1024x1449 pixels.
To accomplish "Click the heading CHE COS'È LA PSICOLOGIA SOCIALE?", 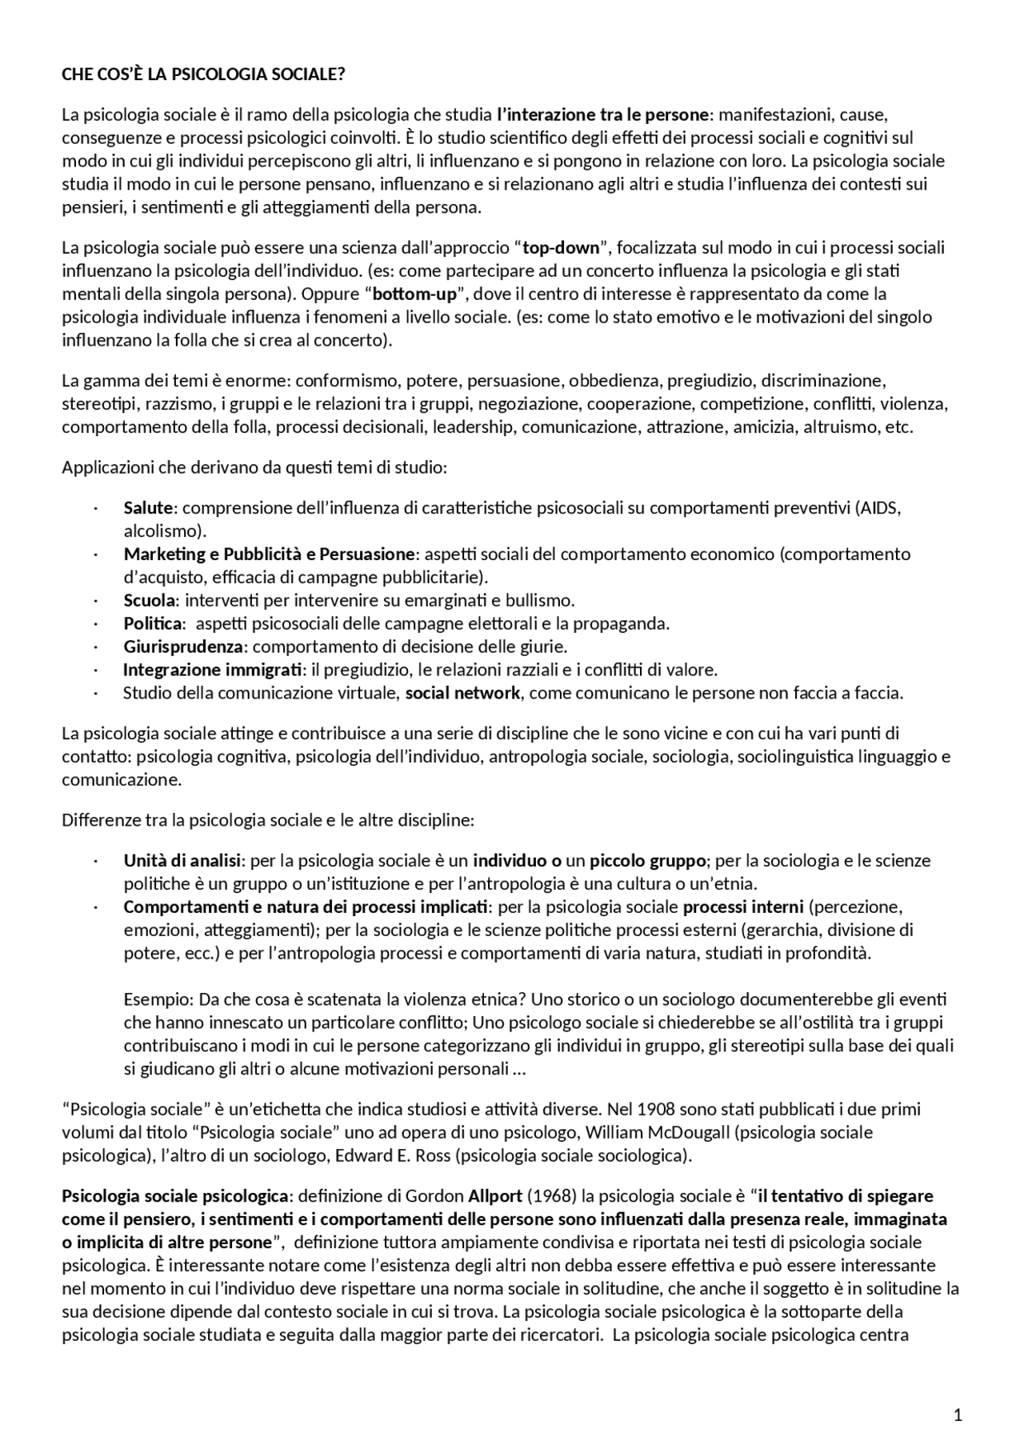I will point(203,74).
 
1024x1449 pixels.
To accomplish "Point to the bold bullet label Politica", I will point(153,623).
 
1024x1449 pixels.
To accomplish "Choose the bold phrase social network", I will point(462,693).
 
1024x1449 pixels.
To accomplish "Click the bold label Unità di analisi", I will point(182,861).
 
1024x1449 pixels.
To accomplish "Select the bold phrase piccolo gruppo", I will point(648,861).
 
